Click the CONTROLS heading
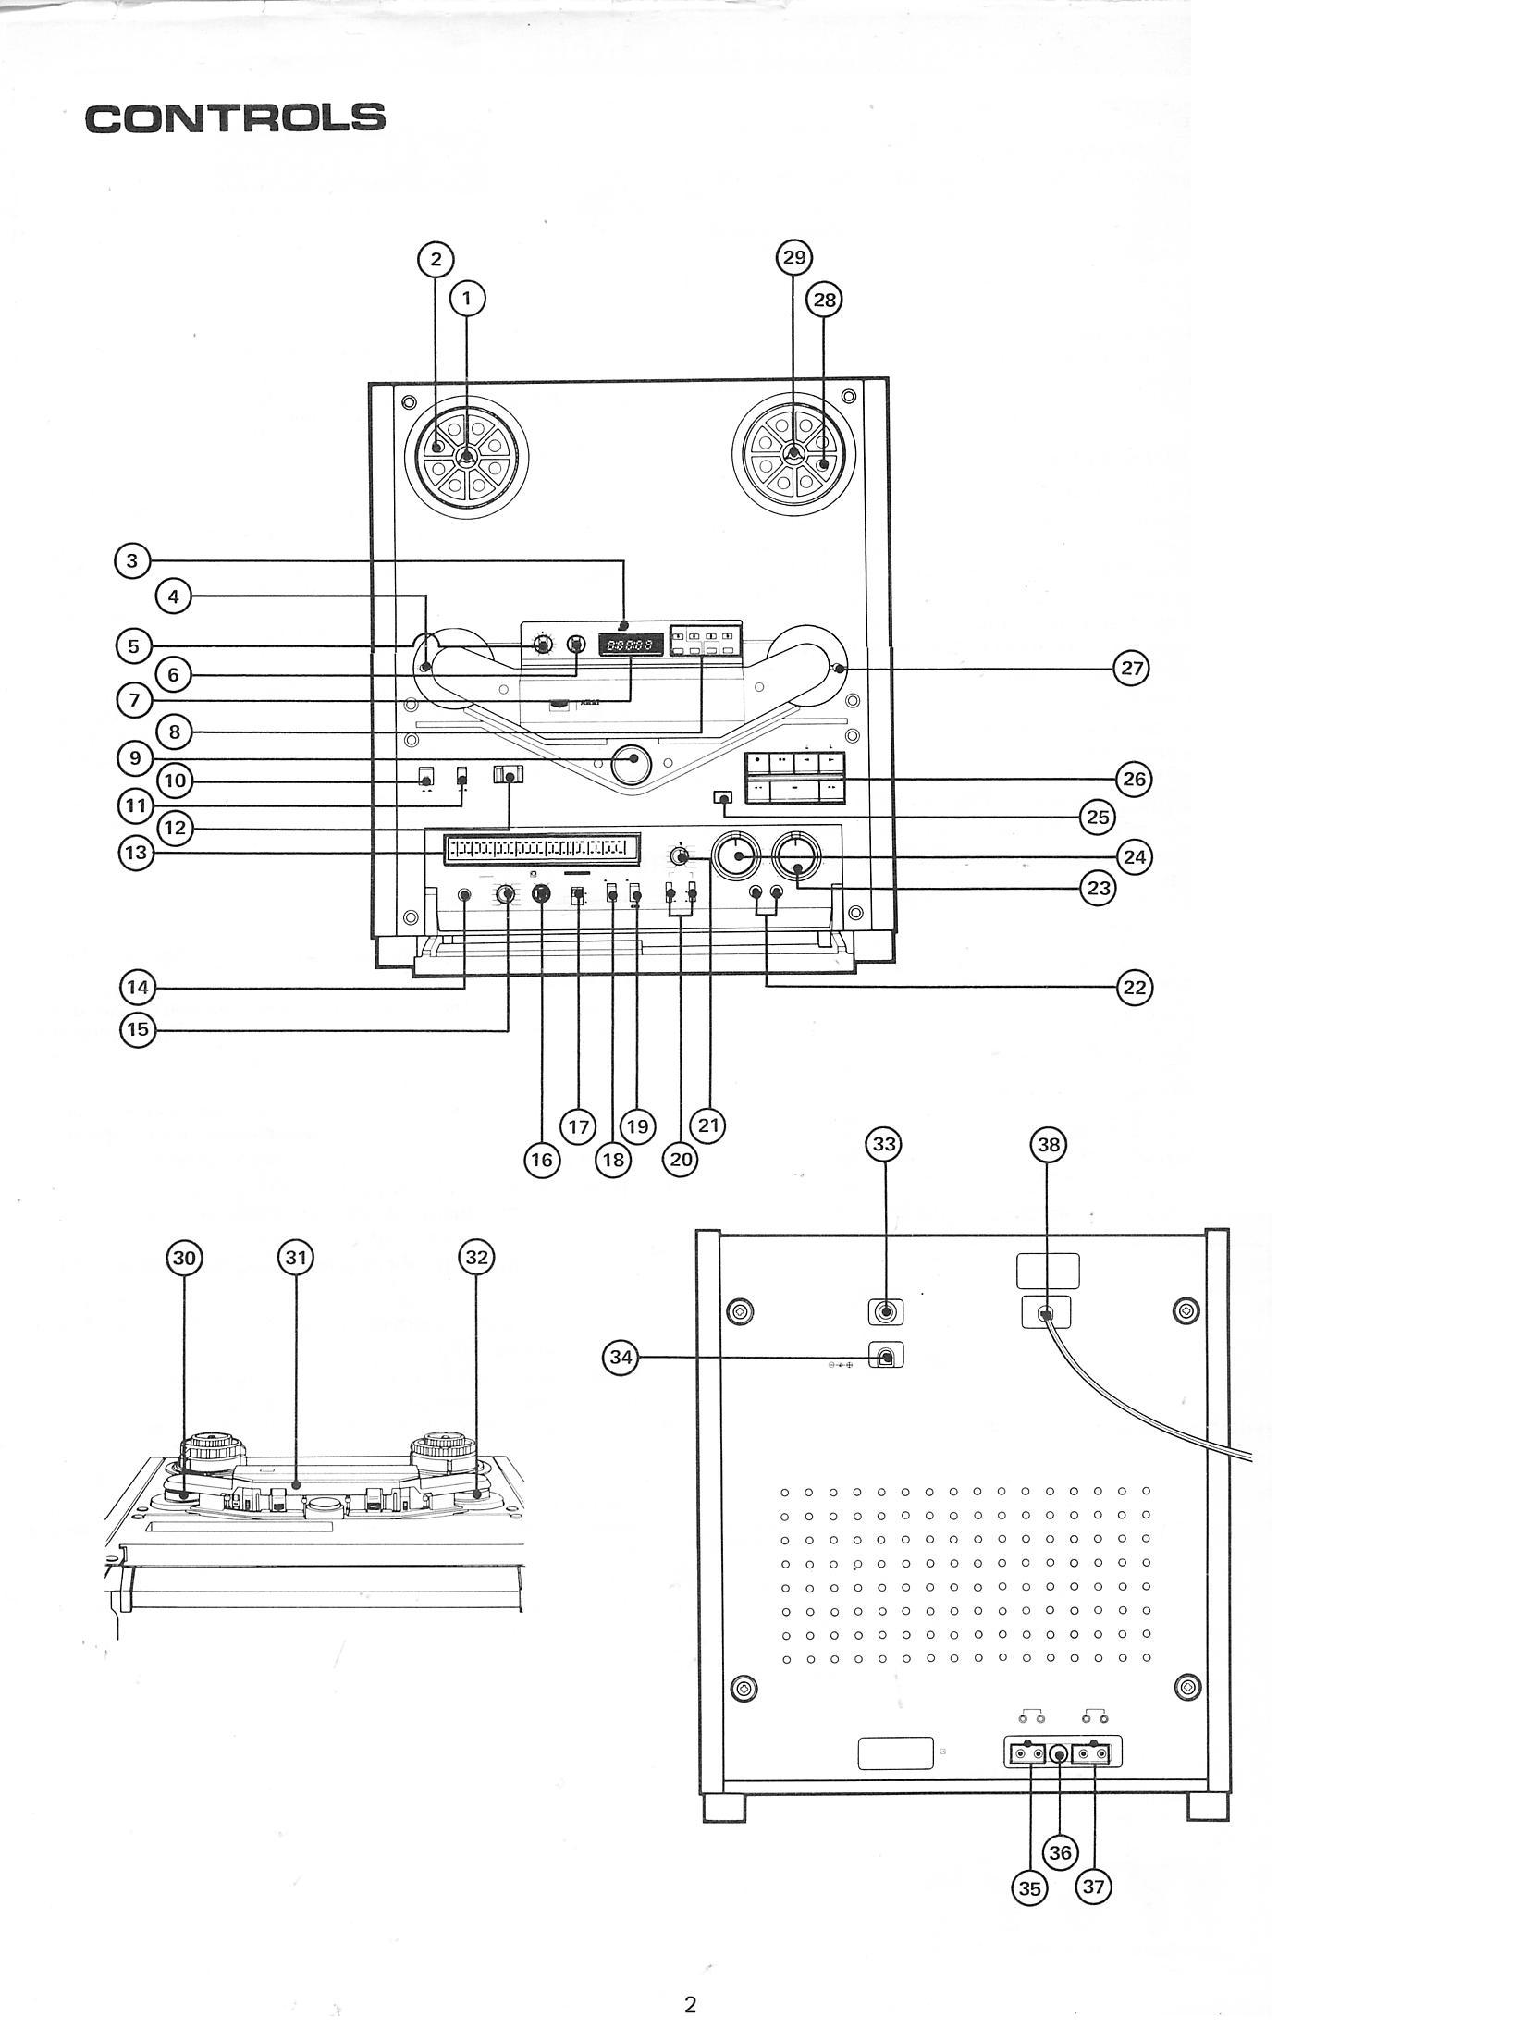pos(235,117)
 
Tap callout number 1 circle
pos(467,298)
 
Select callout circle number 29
pos(794,257)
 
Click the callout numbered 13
pos(136,852)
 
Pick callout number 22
pos(1134,988)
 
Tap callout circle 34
pos(621,1358)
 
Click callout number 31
pos(295,1257)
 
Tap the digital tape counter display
pos(631,644)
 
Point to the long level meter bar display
pos(542,848)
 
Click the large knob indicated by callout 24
pos(736,857)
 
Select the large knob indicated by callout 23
pos(797,857)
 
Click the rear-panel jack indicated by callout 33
pos(886,1311)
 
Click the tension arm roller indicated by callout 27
pos(838,669)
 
